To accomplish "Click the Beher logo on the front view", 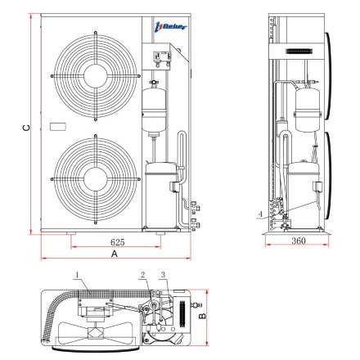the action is click(x=171, y=27).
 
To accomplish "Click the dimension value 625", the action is click(x=117, y=242).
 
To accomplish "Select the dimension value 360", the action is click(x=299, y=241).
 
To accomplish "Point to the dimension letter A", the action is click(x=115, y=254).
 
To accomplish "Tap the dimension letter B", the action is click(x=202, y=316).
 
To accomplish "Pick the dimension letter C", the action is click(x=26, y=128).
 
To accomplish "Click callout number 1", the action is click(x=77, y=275).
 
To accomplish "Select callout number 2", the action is click(x=142, y=275).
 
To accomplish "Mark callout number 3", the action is click(x=163, y=275).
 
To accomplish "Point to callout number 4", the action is click(x=261, y=214).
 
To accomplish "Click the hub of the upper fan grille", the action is click(x=96, y=76).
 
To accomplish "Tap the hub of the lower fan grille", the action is click(x=96, y=179).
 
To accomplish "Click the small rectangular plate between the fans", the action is click(x=58, y=127).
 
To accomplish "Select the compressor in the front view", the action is click(x=160, y=196).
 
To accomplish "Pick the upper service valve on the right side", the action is click(x=196, y=207).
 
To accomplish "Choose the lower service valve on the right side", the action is click(x=196, y=223).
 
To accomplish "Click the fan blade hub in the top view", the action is click(x=94, y=333).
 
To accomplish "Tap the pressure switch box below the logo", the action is click(x=162, y=58).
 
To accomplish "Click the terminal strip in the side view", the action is click(x=299, y=52).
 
